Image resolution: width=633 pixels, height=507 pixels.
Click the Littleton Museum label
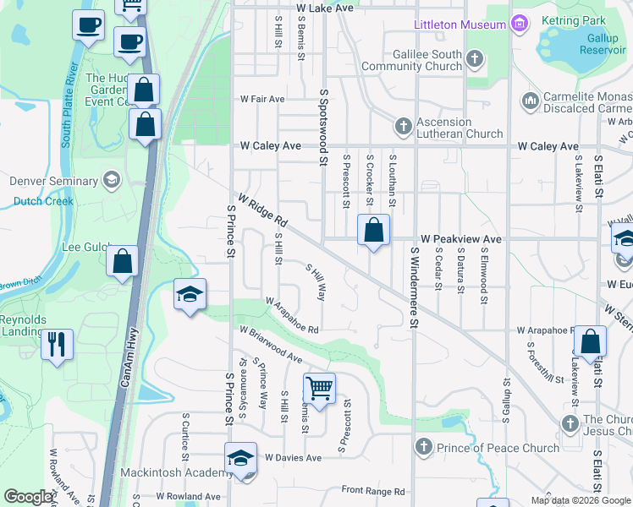pos(460,25)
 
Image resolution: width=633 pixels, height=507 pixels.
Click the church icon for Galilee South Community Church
pos(475,59)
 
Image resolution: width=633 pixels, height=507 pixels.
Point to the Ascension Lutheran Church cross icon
pos(403,127)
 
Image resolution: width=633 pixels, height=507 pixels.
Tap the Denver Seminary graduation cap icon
pos(111,180)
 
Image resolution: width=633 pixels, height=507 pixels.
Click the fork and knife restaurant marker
pos(58,344)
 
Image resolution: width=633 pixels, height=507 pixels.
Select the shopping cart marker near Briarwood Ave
pos(319,389)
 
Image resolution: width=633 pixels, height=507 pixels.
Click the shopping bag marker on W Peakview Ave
pos(373,230)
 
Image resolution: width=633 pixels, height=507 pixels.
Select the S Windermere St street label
pos(415,287)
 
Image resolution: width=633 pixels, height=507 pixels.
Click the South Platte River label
pos(69,104)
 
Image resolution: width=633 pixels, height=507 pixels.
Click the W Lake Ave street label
pos(324,8)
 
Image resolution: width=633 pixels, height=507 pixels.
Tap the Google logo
pos(28,498)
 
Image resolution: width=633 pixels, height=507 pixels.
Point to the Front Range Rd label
pos(372,490)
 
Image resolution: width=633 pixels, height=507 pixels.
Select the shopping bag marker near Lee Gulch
pos(123,261)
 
